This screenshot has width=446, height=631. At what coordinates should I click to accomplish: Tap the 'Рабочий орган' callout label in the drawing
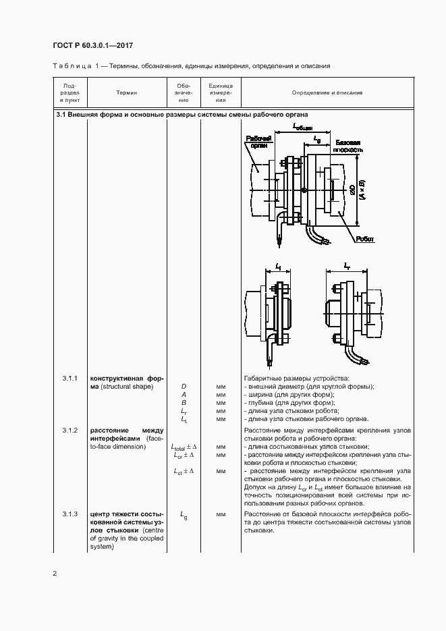pyautogui.click(x=257, y=141)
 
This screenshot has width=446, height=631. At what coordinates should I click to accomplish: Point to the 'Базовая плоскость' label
pyautogui.click(x=349, y=146)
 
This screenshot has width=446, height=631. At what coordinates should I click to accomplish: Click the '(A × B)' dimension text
pyautogui.click(x=362, y=190)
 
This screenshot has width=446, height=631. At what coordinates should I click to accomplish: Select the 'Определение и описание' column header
pyautogui.click(x=327, y=92)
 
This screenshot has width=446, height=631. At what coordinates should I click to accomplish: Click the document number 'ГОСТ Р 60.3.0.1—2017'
pyautogui.click(x=92, y=45)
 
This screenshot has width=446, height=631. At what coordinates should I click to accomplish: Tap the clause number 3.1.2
pyautogui.click(x=70, y=430)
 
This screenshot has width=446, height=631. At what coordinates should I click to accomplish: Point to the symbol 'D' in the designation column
pyautogui.click(x=184, y=386)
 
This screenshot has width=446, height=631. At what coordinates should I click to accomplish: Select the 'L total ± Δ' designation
pyautogui.click(x=183, y=447)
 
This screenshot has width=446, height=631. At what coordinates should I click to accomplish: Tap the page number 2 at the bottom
pyautogui.click(x=55, y=574)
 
